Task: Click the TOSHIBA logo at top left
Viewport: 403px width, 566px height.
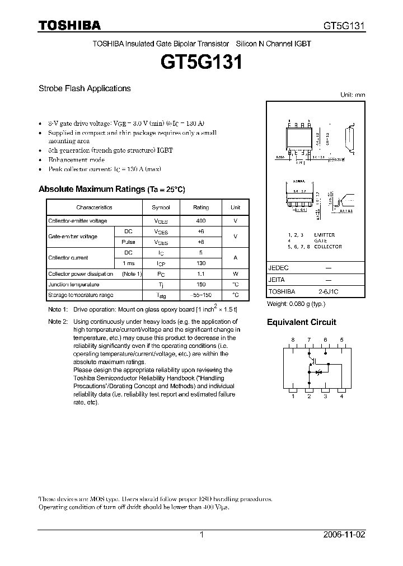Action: (x=69, y=25)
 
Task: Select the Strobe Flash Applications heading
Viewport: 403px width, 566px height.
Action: (x=85, y=88)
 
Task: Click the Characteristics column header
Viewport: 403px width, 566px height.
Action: (x=94, y=207)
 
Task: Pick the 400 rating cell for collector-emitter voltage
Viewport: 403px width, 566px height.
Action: (x=201, y=221)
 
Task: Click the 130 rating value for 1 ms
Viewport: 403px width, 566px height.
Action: (x=201, y=263)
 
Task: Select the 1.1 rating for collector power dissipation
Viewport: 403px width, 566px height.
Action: (x=201, y=274)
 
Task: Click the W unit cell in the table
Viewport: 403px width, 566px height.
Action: (x=236, y=274)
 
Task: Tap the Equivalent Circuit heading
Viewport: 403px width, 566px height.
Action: (x=301, y=322)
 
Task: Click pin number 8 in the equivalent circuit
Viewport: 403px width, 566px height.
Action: (x=292, y=340)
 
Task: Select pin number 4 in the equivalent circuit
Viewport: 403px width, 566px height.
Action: (x=341, y=397)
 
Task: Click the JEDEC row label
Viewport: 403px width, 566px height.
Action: (x=279, y=268)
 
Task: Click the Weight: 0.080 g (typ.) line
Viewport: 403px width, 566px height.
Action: (x=296, y=304)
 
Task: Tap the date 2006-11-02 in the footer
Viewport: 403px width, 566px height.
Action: (x=344, y=535)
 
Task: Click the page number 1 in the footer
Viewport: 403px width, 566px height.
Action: (x=202, y=535)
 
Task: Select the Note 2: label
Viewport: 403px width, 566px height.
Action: (x=58, y=322)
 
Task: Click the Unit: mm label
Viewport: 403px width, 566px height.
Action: (x=353, y=95)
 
